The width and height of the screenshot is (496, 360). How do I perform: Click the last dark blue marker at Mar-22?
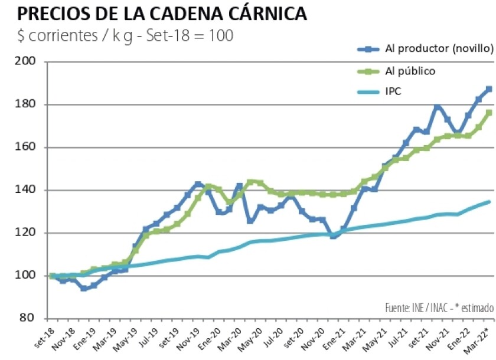[x=489, y=89]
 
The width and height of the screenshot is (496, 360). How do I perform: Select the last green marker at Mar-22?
[x=489, y=113]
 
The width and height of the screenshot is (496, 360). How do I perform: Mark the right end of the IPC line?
[x=489, y=202]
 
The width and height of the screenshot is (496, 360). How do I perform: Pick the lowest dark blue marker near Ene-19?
[x=84, y=289]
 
